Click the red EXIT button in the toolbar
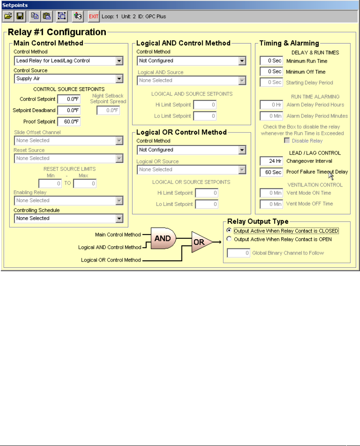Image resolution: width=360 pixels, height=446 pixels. (x=93, y=16)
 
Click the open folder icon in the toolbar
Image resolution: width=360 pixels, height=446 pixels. (x=8, y=16)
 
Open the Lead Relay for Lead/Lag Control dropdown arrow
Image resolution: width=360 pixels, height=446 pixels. (x=119, y=61)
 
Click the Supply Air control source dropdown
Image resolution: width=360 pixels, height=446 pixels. (x=69, y=78)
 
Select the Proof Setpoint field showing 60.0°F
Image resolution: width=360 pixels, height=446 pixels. (x=69, y=122)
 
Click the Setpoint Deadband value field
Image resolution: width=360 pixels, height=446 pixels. (x=69, y=110)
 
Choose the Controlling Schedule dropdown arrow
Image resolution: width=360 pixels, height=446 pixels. (x=119, y=218)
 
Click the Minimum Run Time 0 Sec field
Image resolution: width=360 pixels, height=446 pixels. (x=271, y=61)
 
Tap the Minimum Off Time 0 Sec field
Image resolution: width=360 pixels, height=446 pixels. (x=271, y=72)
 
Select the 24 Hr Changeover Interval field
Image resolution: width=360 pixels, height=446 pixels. (x=271, y=161)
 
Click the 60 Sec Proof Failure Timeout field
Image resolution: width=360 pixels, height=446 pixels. (x=271, y=172)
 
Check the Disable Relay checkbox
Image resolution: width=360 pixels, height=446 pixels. (x=287, y=141)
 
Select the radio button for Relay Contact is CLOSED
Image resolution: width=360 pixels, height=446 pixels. (x=229, y=230)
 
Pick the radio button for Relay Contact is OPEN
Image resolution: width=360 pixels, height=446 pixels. (x=229, y=239)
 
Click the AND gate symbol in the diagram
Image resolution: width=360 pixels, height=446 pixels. (x=162, y=239)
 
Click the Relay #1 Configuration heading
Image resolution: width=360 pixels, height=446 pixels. (x=56, y=32)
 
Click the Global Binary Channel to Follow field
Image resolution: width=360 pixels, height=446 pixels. (x=239, y=253)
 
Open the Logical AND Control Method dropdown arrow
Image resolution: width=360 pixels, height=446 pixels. (x=242, y=61)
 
